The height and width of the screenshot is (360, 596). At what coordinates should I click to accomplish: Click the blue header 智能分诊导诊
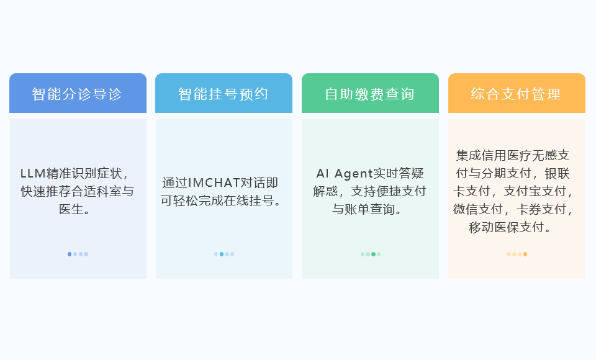(78, 93)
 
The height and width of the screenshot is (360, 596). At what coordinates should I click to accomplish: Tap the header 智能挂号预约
(224, 93)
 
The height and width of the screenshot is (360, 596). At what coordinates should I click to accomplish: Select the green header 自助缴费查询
(370, 93)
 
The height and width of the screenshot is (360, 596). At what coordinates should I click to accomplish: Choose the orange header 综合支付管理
(517, 93)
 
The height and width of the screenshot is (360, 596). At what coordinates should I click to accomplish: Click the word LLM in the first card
(33, 173)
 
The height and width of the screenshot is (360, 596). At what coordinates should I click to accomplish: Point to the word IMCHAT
(214, 183)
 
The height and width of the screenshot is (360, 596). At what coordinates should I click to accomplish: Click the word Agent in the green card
(353, 174)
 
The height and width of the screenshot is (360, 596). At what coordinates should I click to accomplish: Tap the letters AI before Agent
(322, 173)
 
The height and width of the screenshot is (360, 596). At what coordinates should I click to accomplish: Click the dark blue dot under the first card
(70, 254)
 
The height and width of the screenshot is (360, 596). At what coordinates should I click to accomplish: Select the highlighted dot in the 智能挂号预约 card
(222, 254)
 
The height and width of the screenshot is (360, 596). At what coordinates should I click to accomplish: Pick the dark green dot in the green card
(373, 254)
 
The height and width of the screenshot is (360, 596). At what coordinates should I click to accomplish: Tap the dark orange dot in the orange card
(525, 254)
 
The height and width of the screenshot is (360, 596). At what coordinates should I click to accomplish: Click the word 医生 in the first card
(71, 209)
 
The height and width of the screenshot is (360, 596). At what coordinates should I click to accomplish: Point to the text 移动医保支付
(507, 227)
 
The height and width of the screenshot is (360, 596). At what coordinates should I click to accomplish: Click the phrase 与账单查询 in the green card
(363, 209)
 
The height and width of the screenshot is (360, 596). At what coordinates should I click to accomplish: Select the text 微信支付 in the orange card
(478, 209)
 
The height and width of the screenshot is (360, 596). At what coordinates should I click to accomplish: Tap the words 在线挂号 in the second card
(249, 200)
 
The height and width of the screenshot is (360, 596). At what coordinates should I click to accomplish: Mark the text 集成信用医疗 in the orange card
(494, 155)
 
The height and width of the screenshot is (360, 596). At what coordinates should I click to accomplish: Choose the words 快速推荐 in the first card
(45, 191)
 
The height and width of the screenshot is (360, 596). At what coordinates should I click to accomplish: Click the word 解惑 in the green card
(325, 191)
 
